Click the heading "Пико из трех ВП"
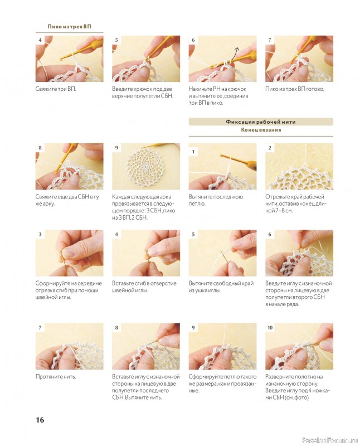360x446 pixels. pyautogui.click(x=70, y=26)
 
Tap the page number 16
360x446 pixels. pyautogui.click(x=40, y=420)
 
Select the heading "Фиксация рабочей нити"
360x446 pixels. pyautogui.click(x=261, y=122)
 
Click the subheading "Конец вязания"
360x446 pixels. pyautogui.click(x=261, y=130)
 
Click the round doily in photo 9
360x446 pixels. pyautogui.click(x=146, y=167)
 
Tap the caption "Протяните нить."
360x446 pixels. pyautogui.click(x=56, y=377)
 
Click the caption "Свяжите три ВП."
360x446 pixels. pyautogui.click(x=56, y=89)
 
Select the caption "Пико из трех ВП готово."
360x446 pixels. pyautogui.click(x=295, y=89)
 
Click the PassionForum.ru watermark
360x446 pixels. pyautogui.click(x=329, y=440)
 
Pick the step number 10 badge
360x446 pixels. pyautogui.click(x=270, y=328)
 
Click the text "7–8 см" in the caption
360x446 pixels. pyautogui.click(x=283, y=211)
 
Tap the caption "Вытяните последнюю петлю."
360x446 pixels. pyautogui.click(x=216, y=200)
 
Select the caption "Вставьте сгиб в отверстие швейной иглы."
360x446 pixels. pyautogui.click(x=144, y=287)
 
